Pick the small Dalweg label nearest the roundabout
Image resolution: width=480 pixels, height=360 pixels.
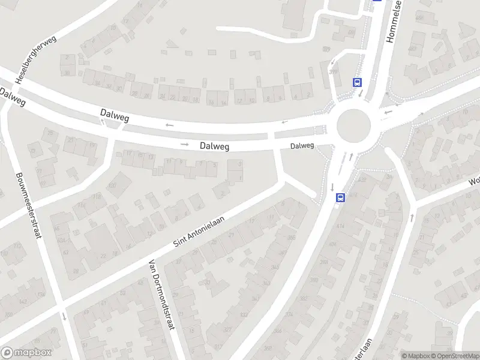(302, 146)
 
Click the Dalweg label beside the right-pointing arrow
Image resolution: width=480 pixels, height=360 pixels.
(215, 145)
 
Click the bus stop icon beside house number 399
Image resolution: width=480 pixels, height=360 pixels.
(358, 83)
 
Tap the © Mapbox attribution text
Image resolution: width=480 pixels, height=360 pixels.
(416, 356)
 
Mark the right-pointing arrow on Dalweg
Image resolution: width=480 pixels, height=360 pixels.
(185, 145)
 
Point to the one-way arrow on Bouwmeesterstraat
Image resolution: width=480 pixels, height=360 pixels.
(63, 316)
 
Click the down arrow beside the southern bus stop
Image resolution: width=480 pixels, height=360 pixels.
(332, 187)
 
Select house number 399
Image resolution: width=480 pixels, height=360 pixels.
(334, 72)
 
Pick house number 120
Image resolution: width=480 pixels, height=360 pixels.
(112, 185)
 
